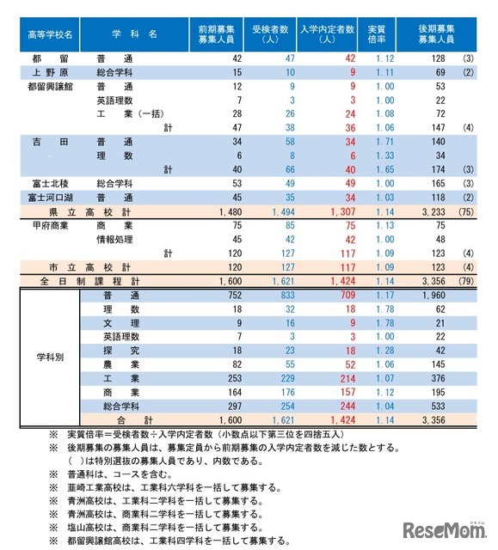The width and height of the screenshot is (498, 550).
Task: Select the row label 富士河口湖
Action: (50, 197)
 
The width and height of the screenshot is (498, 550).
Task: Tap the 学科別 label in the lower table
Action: (48, 356)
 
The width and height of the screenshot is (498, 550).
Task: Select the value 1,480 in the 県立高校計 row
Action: (222, 211)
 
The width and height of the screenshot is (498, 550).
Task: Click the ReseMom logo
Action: (444, 527)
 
